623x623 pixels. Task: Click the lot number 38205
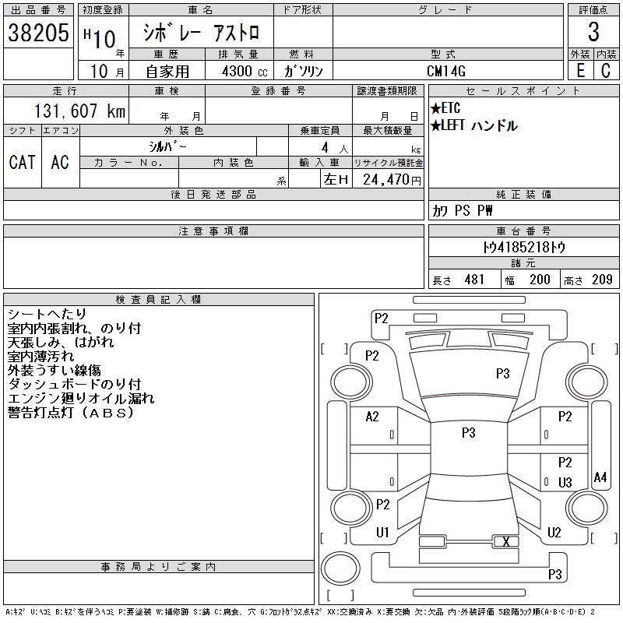coord(38,33)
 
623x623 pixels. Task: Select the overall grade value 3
coord(593,32)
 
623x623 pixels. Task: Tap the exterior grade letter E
coord(580,71)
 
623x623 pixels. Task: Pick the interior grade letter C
coord(606,71)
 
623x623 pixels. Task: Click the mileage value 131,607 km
coord(79,111)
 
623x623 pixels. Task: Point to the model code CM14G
coord(445,71)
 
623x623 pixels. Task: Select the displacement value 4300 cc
coord(245,72)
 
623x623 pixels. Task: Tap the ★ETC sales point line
coord(445,107)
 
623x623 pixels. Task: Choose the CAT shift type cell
coord(22,162)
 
